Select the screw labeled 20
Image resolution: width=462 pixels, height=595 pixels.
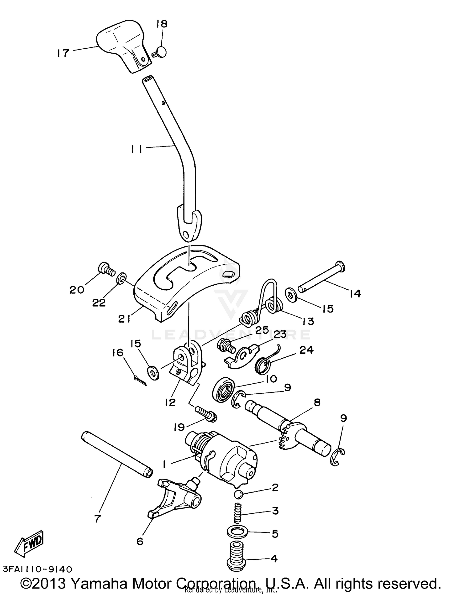click(107, 269)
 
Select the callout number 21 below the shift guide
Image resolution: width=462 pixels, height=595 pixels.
click(124, 320)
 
